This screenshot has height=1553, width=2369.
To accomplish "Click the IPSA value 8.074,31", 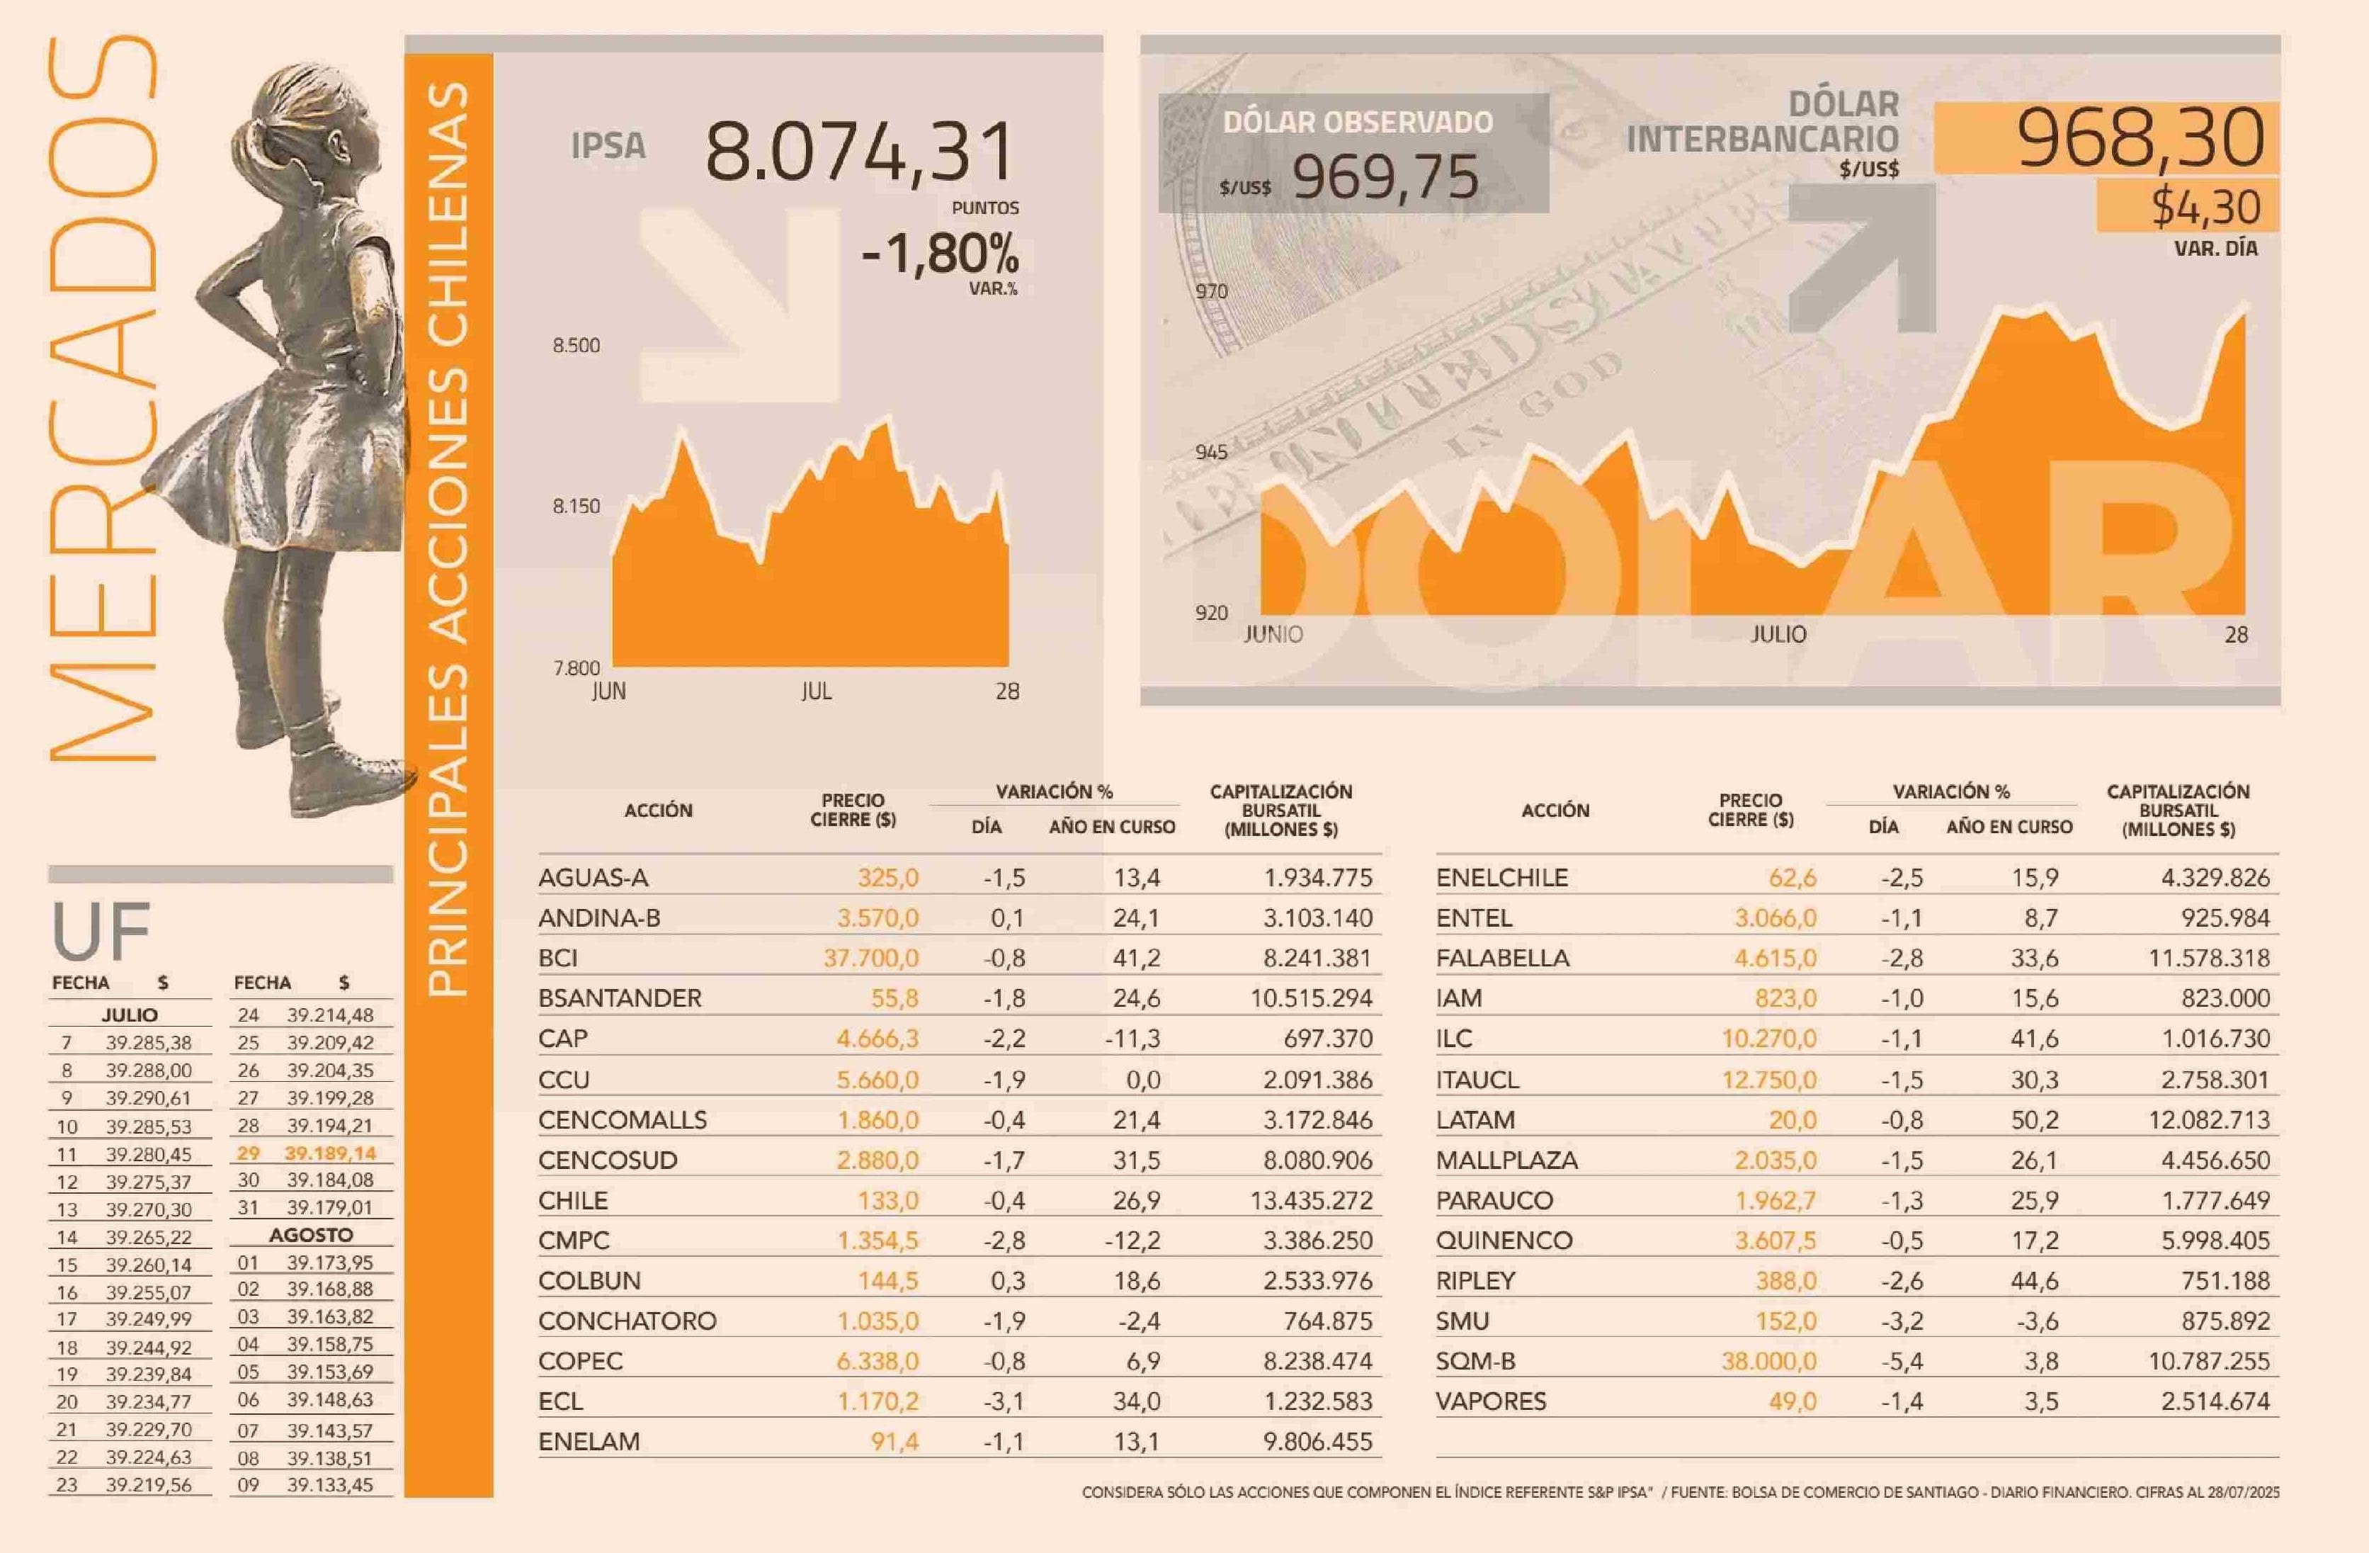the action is (860, 153).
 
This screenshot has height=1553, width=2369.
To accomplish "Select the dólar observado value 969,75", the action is (1385, 179).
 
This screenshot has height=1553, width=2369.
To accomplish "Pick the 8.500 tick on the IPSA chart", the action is (576, 346).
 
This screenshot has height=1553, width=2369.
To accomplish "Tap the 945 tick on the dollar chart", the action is (1211, 452).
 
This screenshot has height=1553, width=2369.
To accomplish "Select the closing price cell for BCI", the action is (871, 958).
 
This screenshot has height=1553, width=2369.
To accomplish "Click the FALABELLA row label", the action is (1502, 958).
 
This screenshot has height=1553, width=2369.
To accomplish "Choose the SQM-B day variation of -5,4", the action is (1901, 1361).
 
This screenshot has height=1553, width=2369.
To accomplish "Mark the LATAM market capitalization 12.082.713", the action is (2209, 1120).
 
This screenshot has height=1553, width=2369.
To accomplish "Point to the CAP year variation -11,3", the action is (1132, 1039).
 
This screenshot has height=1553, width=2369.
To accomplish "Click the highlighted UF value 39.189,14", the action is (329, 1153).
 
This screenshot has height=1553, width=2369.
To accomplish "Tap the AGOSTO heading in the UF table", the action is (311, 1234).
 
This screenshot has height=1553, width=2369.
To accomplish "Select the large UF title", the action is (101, 931).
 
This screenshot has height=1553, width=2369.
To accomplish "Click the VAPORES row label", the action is (1490, 1401).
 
